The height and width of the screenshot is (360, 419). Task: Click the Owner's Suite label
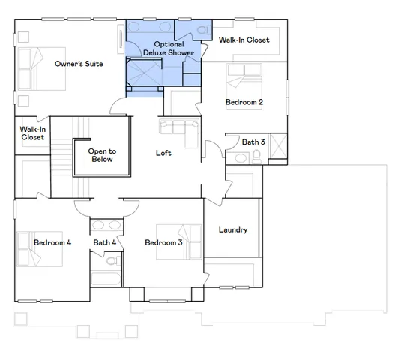(x=79, y=64)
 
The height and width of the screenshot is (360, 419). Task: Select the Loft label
(x=163, y=153)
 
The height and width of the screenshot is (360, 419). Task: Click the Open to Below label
(x=101, y=155)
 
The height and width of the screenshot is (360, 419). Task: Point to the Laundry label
(x=232, y=229)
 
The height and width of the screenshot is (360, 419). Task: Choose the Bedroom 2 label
(x=244, y=102)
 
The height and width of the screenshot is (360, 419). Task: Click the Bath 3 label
(x=253, y=142)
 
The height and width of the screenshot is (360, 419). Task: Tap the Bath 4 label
(x=105, y=242)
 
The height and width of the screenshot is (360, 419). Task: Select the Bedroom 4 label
(x=52, y=242)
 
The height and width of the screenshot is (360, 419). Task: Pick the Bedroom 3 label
(x=163, y=242)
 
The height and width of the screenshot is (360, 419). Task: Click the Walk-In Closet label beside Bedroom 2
(x=244, y=40)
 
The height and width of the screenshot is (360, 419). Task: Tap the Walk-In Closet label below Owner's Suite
(x=32, y=133)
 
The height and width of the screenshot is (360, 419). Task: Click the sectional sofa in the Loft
(x=180, y=129)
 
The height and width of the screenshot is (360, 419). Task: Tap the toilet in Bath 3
(x=256, y=156)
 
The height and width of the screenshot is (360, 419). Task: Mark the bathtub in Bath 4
(x=106, y=278)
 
